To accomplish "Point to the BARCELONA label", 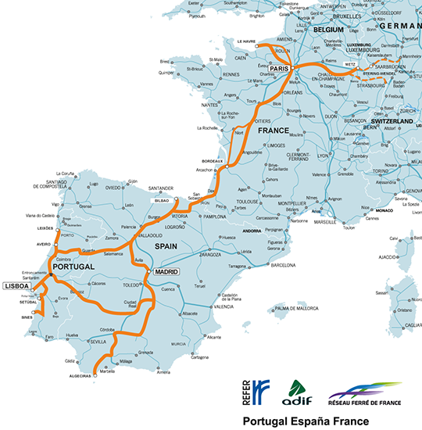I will (288, 264).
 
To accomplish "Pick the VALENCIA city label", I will (224, 307).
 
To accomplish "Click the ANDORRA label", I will (251, 231).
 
